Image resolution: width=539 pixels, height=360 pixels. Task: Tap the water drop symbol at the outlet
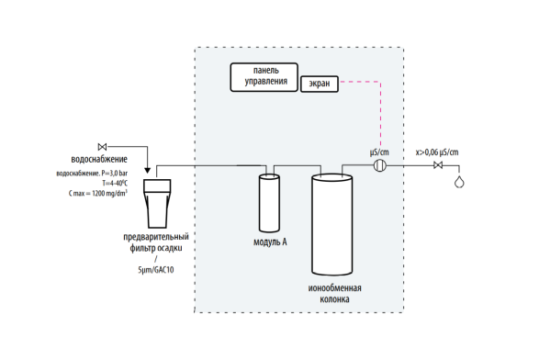tap(459, 182)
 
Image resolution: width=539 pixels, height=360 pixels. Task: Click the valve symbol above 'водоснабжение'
tap(102, 147)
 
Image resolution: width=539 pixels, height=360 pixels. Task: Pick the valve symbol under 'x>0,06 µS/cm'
tap(438, 165)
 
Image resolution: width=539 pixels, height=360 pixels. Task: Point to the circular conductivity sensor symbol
tap(380, 165)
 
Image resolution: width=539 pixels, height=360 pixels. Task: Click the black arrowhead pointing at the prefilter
tap(147, 171)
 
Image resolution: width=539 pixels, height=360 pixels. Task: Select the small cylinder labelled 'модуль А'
tap(269, 203)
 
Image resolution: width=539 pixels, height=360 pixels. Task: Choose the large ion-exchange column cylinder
tap(332, 224)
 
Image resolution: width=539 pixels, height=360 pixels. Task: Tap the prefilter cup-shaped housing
tap(157, 204)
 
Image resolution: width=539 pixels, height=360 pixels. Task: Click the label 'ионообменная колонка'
tap(334, 294)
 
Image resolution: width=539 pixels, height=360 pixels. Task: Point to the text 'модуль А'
tap(270, 242)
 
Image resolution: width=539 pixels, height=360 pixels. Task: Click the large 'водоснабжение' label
tap(99, 159)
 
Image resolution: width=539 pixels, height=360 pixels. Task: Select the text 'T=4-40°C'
tap(115, 184)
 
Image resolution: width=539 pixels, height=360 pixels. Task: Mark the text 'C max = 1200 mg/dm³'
tap(98, 193)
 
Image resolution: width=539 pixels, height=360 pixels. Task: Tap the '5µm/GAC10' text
tap(156, 270)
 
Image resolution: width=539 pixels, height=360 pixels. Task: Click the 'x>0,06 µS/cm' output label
tap(437, 152)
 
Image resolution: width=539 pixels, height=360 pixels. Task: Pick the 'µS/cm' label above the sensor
tap(379, 152)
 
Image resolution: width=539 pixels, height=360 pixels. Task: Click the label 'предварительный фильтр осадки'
tap(156, 242)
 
